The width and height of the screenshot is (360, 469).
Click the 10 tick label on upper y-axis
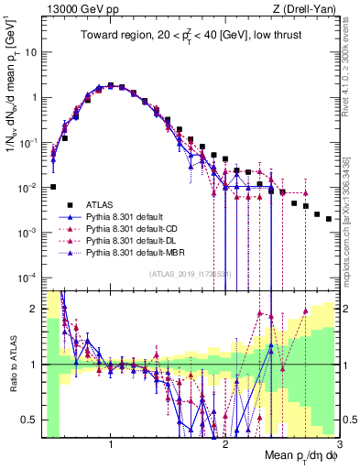[x=31, y=52]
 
